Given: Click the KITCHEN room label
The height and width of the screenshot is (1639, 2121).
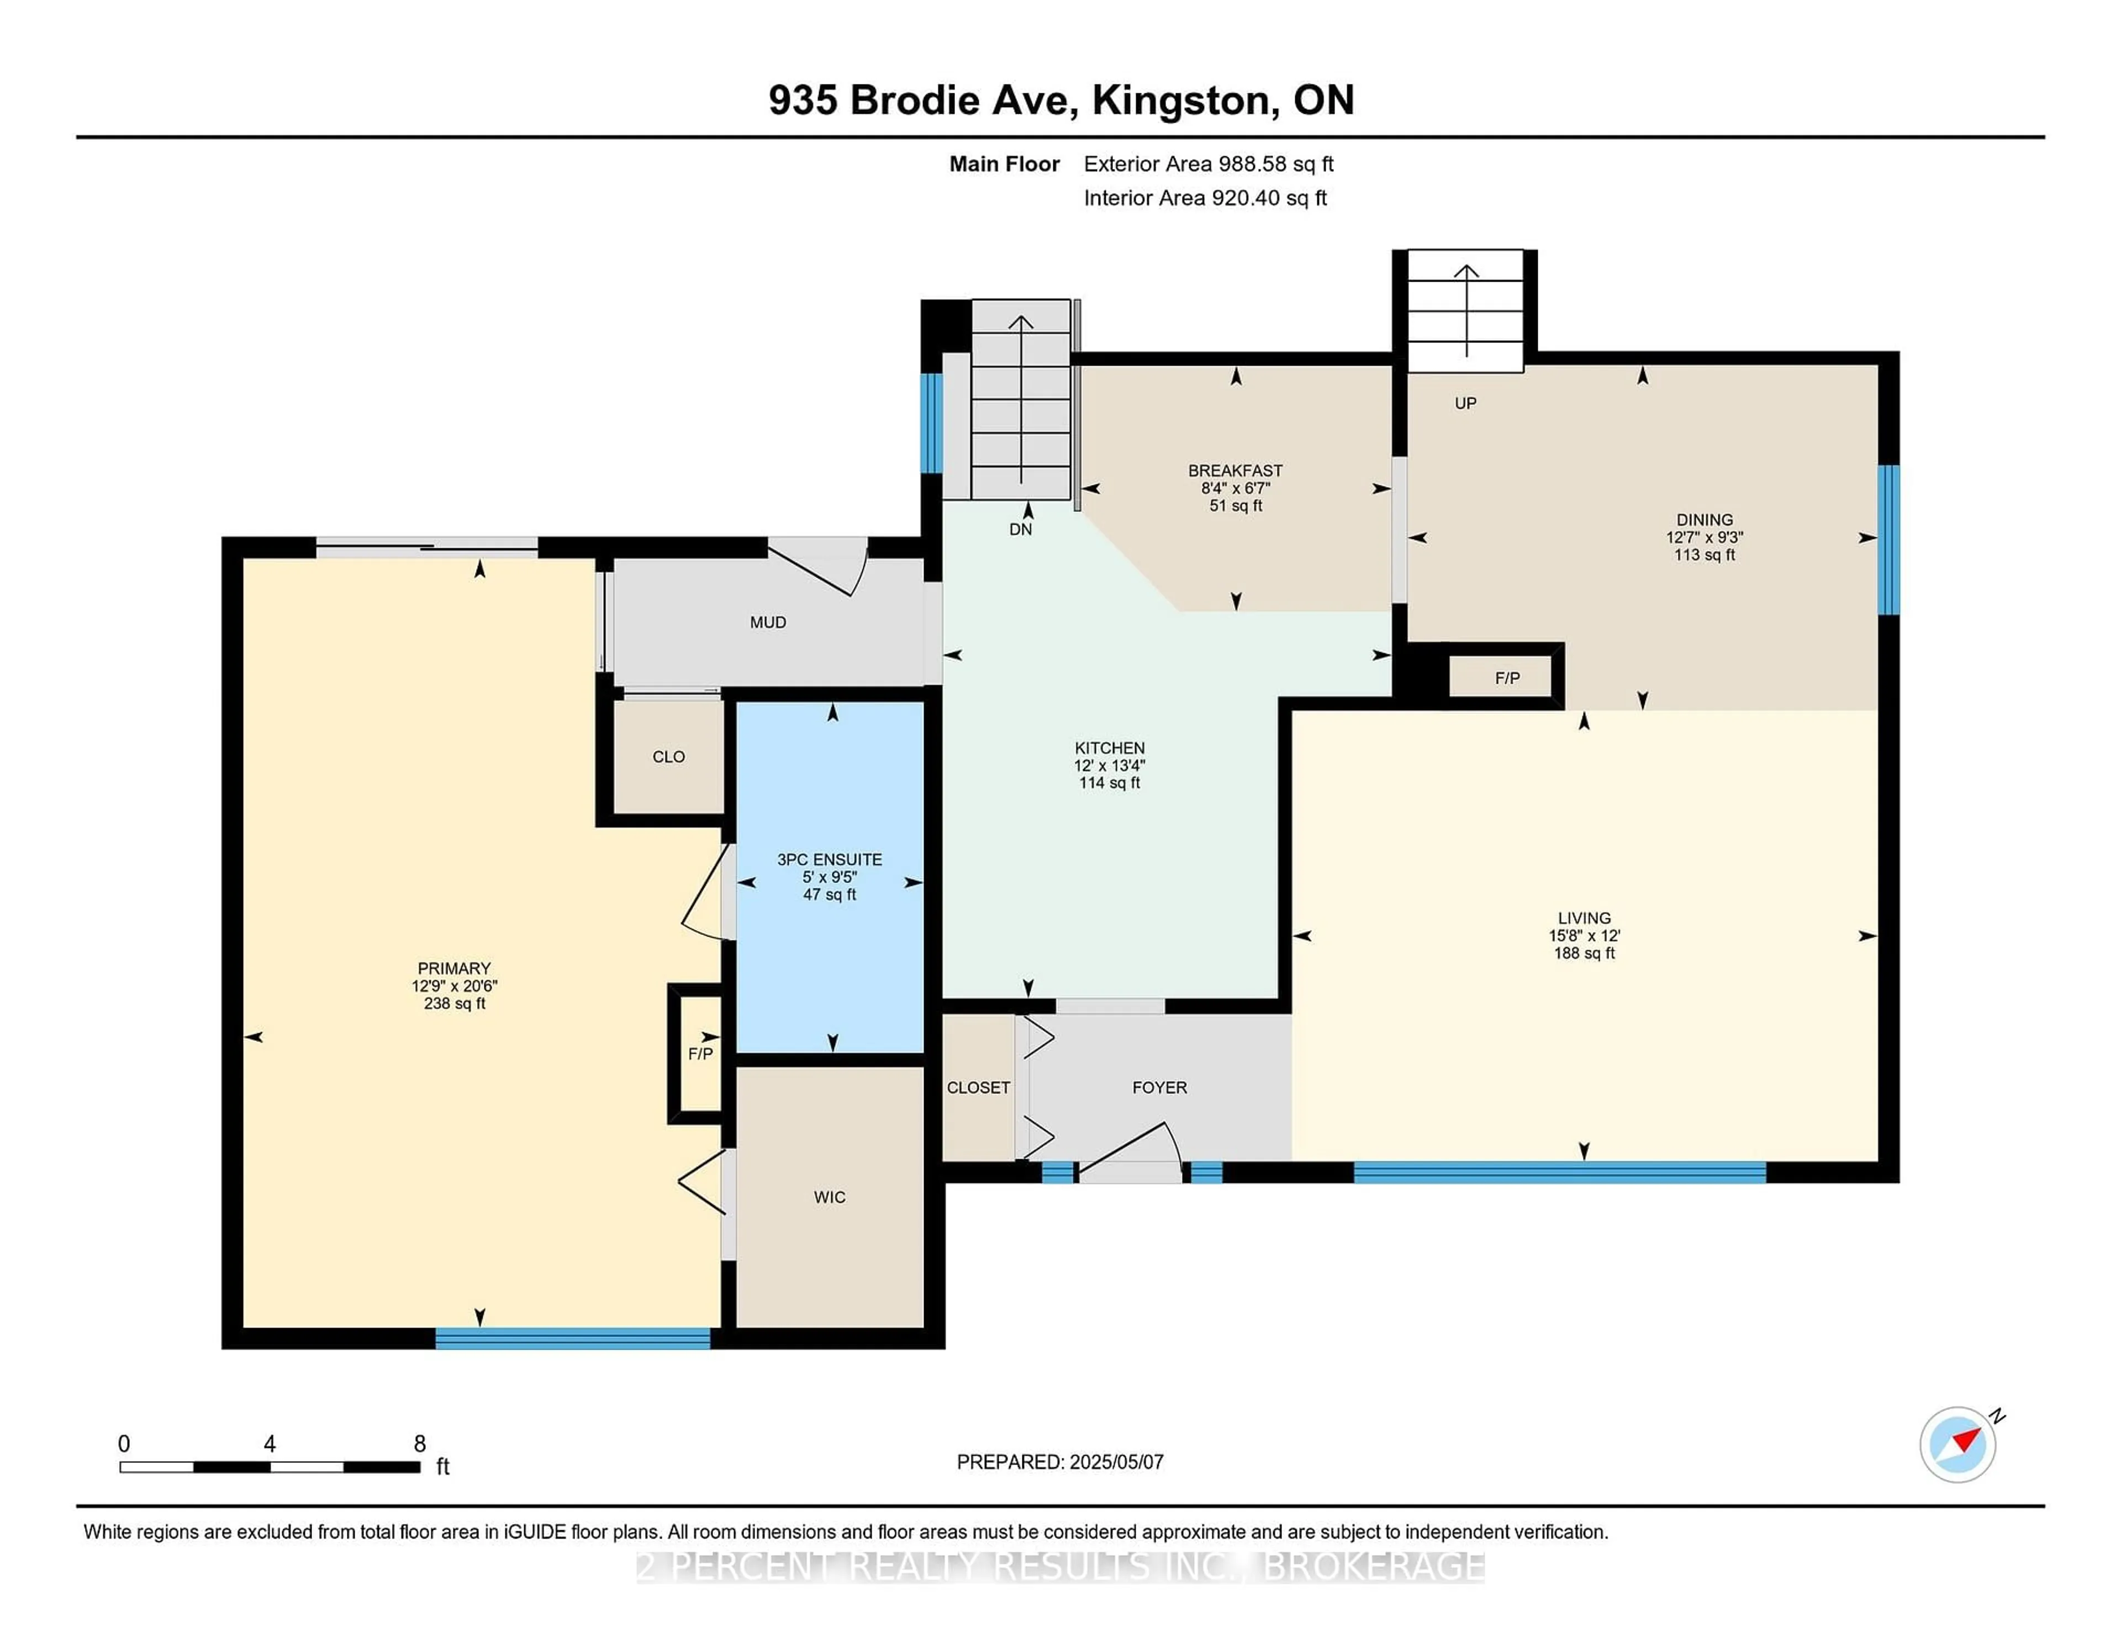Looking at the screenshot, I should [1109, 748].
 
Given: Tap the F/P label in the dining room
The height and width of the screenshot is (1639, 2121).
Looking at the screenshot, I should [1507, 678].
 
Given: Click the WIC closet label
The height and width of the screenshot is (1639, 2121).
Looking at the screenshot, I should [830, 1197].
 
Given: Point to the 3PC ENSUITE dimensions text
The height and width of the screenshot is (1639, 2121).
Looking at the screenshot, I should [830, 877].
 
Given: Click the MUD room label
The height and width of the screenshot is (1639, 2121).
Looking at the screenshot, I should [767, 622].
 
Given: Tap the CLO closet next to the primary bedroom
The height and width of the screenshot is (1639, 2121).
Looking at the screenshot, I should [668, 757].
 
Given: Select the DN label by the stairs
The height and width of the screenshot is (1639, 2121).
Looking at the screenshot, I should [1020, 529].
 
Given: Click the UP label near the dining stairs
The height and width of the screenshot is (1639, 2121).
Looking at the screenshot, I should [1464, 403].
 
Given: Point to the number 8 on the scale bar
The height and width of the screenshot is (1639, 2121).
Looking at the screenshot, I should [420, 1444].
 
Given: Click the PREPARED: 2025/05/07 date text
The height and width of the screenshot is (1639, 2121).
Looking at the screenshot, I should [1059, 1461].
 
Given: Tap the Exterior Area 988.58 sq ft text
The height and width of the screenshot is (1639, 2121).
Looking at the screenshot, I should [1208, 164].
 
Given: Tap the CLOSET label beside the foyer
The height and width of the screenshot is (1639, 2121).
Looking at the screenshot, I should [978, 1087].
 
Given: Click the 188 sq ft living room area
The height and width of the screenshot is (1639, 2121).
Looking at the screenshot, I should [1584, 954].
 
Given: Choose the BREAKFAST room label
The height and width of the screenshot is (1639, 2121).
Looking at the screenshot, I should [1235, 471].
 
